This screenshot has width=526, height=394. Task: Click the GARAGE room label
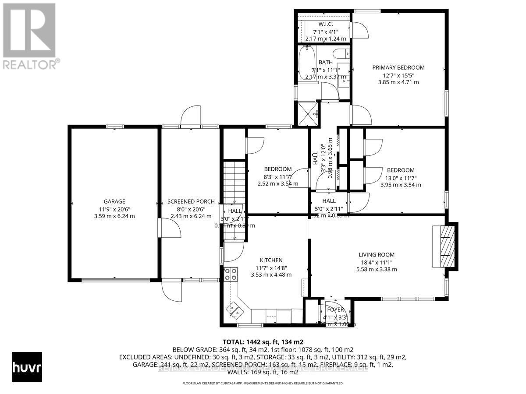[x=114, y=202]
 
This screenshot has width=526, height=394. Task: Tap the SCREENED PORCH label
[x=191, y=202]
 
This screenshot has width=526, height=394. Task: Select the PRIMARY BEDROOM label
[x=398, y=67]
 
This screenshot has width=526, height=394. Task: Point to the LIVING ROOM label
[x=376, y=255]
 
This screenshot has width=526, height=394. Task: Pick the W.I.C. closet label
[x=325, y=25]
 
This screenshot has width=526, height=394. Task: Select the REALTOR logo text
[x=30, y=64]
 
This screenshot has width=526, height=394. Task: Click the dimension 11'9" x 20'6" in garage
[x=114, y=209]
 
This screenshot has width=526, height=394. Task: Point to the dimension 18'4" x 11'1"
[x=376, y=262]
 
